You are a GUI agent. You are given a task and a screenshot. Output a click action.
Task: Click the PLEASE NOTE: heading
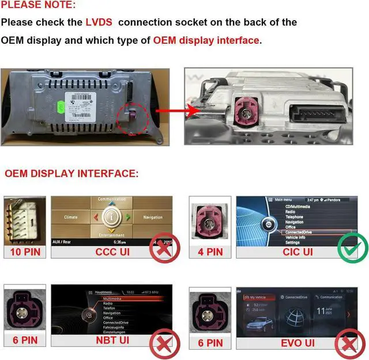coord(37,5)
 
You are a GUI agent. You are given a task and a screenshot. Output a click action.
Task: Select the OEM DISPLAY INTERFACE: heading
coord(71,173)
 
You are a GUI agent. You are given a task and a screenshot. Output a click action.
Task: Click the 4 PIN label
coord(210,252)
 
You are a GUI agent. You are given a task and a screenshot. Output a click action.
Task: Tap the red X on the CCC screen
coord(163,249)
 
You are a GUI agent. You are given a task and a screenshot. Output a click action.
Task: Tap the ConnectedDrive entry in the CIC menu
coord(299,232)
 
